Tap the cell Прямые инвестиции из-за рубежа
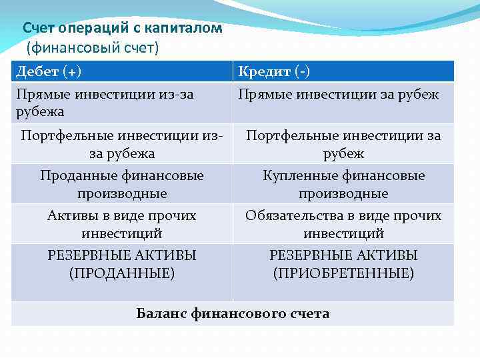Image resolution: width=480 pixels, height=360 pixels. point(121,103)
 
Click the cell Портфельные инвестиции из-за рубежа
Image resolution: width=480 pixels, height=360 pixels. point(121,144)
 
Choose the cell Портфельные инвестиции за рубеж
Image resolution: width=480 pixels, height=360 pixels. point(343,144)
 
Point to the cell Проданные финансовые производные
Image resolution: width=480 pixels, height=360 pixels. point(121,184)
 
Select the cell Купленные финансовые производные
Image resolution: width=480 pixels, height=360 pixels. point(343,184)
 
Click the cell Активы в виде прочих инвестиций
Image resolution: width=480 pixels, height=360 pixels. point(121,225)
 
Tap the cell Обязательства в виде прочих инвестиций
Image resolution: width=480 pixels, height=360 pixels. point(343,225)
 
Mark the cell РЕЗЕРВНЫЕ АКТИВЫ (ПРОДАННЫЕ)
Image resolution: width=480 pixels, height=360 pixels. point(121,264)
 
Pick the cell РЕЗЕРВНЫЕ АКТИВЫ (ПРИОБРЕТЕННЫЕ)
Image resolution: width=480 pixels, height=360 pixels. point(343,264)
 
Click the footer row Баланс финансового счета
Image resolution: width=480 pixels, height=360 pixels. point(233,313)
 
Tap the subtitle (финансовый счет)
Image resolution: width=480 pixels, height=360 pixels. point(93,48)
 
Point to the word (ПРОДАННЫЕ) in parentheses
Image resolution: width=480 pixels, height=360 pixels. point(122,273)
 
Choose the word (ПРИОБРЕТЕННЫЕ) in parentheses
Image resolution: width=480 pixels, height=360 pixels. point(343,273)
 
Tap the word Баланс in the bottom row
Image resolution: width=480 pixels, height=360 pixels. point(162,313)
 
